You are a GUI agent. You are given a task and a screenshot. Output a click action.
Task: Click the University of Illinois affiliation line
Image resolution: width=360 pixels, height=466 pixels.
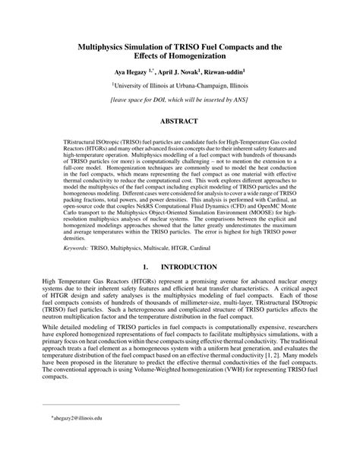pyautogui.click(x=180, y=86)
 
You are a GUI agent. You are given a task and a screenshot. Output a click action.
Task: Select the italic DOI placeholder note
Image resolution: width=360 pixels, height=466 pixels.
pyautogui.click(x=180, y=100)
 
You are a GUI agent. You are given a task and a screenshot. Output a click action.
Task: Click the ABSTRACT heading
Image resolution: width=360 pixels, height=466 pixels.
pyautogui.click(x=180, y=121)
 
